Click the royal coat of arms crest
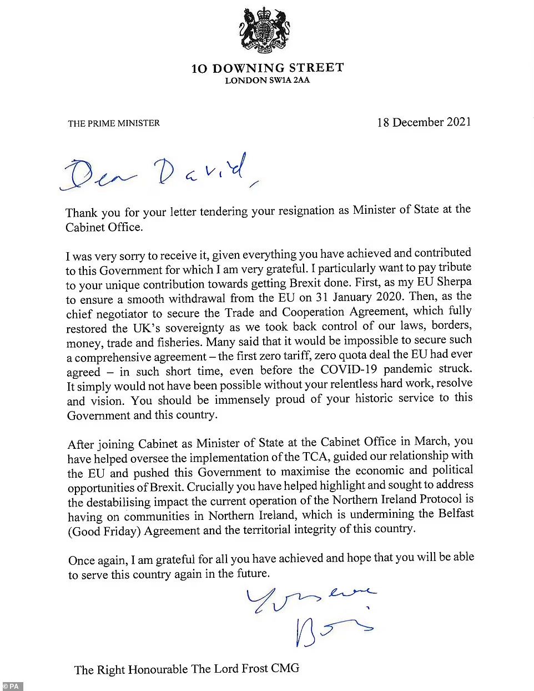[x=267, y=31]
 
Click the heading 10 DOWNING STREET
[x=267, y=68]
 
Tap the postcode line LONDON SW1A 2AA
[x=267, y=81]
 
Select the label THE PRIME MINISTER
[x=114, y=123]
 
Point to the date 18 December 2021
[x=424, y=122]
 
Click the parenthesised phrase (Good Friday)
[x=104, y=530]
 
